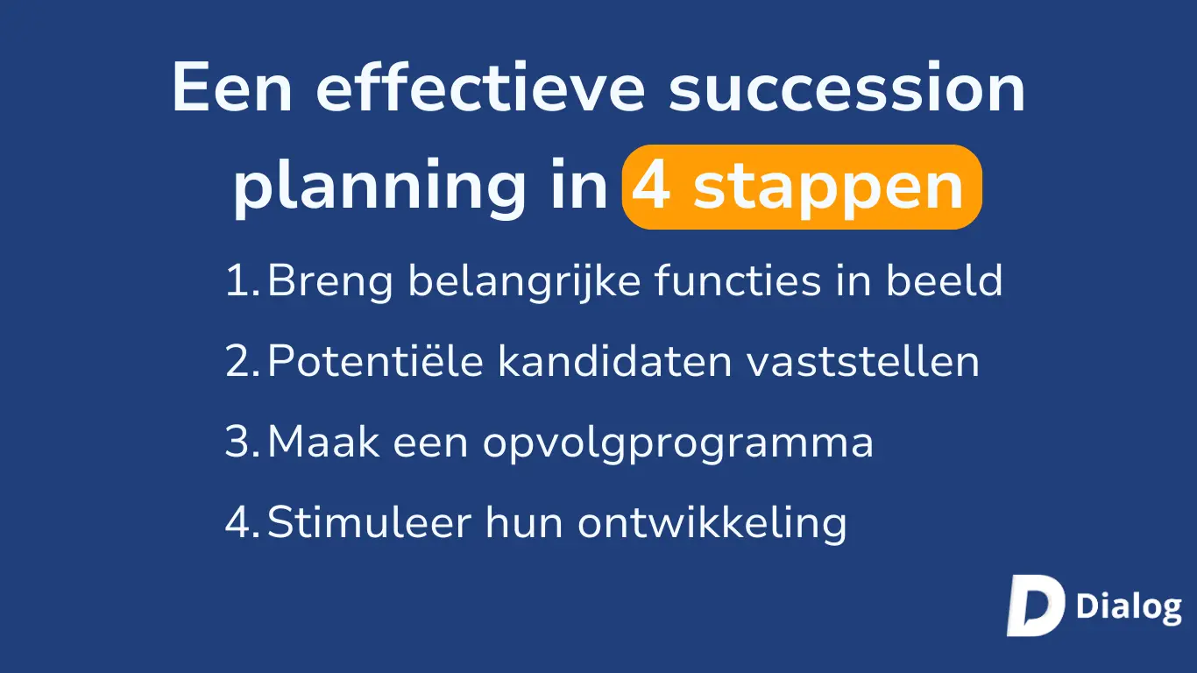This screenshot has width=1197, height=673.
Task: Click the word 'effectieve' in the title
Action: pos(480,87)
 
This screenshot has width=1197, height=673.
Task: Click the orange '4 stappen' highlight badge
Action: pos(802,188)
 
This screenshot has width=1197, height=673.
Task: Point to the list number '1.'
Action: pos(243,280)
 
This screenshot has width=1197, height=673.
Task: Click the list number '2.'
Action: pos(243,361)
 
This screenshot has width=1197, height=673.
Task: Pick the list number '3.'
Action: pos(243,442)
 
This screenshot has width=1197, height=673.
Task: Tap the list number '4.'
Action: pos(243,522)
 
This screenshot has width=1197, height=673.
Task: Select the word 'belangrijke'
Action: pos(525,281)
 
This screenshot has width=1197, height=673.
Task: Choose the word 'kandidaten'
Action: pos(614,360)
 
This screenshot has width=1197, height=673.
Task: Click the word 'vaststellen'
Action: pos(863,360)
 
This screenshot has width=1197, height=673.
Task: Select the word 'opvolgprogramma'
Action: pos(678,443)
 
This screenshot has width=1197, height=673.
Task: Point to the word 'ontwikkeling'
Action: pos(712,524)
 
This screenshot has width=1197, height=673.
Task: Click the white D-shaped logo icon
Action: pos(1036,606)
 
